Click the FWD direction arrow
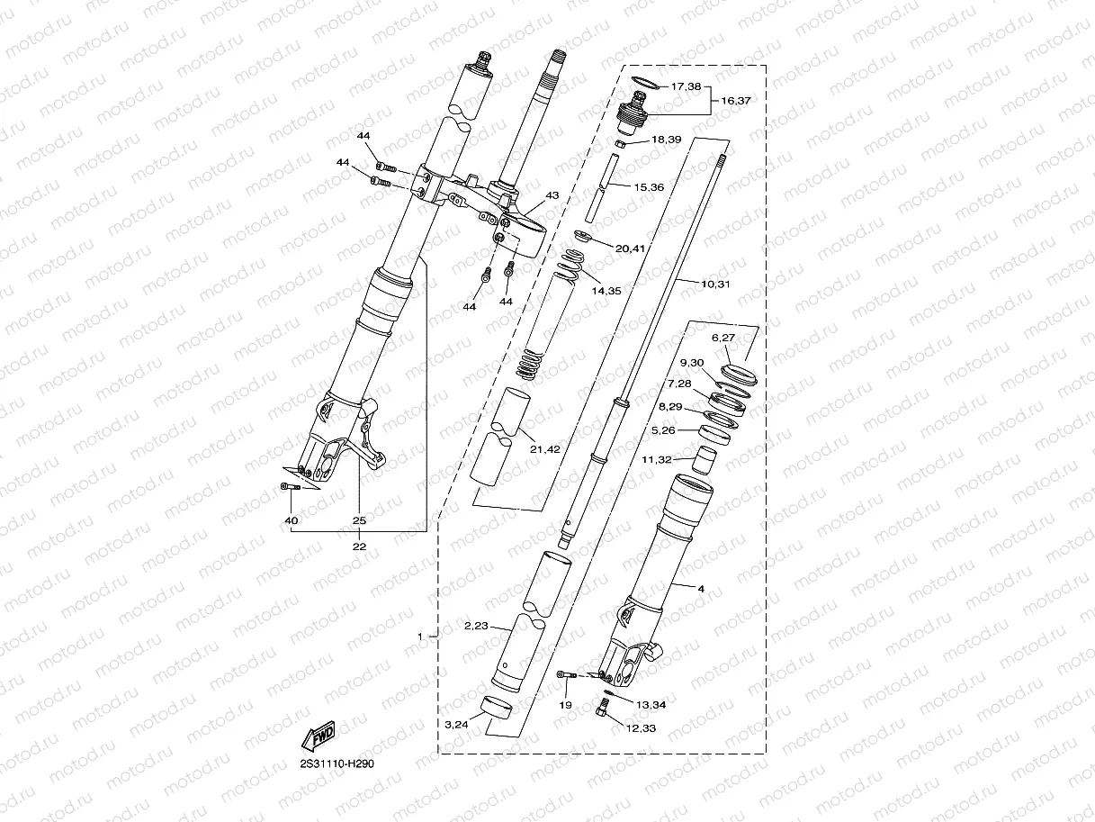click(319, 737)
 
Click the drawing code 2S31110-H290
click(337, 763)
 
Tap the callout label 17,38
click(687, 87)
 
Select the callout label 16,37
click(736, 101)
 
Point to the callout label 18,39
click(666, 140)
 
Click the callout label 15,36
click(649, 187)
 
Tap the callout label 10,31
click(716, 284)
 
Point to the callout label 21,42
click(545, 449)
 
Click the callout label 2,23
click(476, 626)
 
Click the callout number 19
click(565, 705)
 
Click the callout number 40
click(291, 520)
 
